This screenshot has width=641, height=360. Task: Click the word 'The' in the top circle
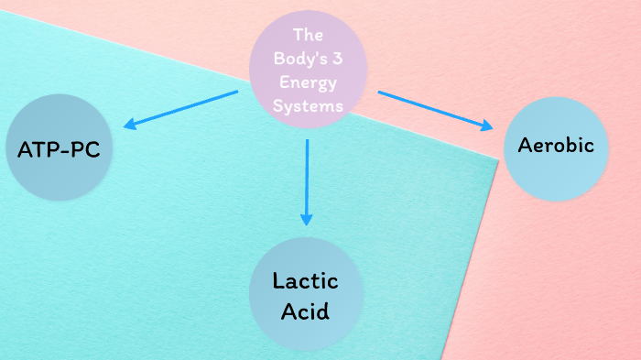click(309, 35)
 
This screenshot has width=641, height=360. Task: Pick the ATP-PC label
click(59, 149)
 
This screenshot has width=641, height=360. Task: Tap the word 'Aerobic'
click(556, 145)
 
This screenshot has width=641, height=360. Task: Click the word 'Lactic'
click(305, 280)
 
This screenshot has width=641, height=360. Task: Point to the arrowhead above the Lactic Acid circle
click(307, 219)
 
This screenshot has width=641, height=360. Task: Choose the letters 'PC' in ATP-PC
click(83, 149)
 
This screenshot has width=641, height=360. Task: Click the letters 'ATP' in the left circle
click(38, 149)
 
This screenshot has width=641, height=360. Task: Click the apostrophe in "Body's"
click(315, 53)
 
